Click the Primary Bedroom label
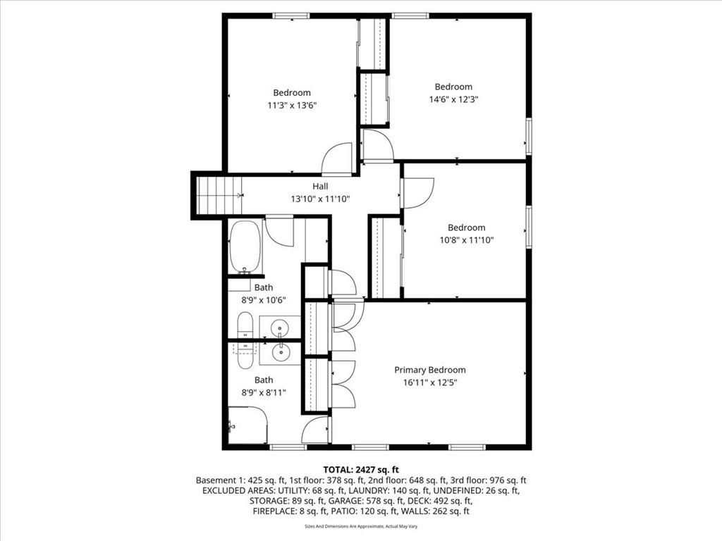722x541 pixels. (x=429, y=370)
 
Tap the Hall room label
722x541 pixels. (x=321, y=186)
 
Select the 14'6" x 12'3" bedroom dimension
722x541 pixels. (x=453, y=99)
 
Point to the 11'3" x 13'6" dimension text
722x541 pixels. (x=292, y=106)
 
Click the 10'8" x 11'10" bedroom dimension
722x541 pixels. (x=467, y=240)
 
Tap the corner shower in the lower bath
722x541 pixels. (x=247, y=425)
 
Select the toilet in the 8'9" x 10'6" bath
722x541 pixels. (x=245, y=325)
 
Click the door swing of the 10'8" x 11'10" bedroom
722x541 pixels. (x=418, y=193)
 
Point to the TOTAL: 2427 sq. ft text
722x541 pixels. (x=360, y=470)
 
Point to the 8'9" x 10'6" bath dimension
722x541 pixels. (x=264, y=300)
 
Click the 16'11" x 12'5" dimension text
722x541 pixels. (x=430, y=383)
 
